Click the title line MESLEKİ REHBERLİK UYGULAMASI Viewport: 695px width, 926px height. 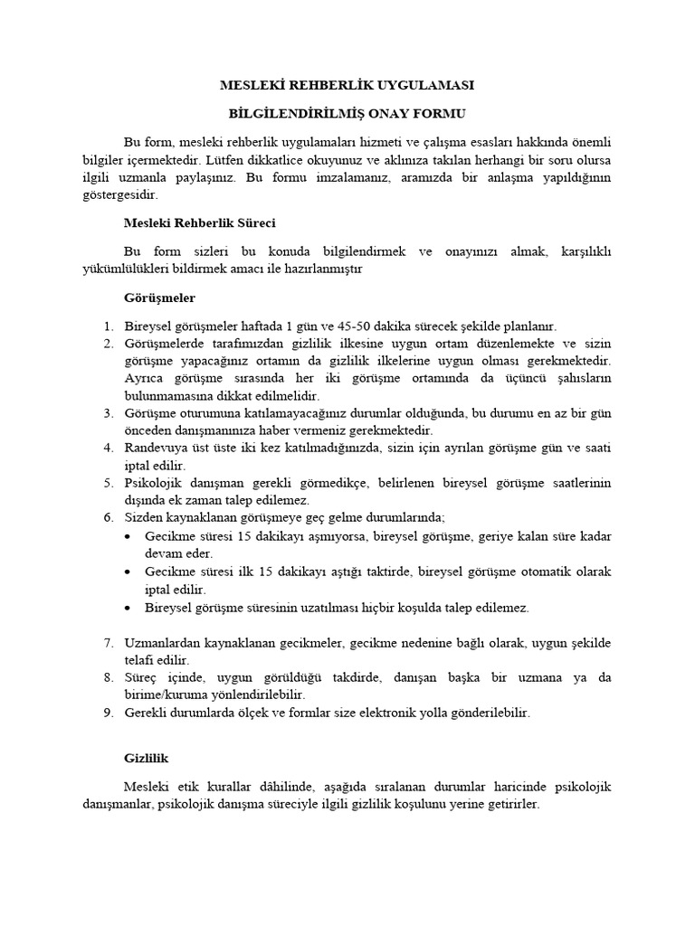tap(347, 86)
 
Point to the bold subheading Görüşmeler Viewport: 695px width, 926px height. tap(158, 298)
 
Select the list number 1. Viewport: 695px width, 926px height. tap(106, 326)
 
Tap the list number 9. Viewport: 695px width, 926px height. tap(106, 713)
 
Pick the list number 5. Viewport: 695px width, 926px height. tap(106, 483)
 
